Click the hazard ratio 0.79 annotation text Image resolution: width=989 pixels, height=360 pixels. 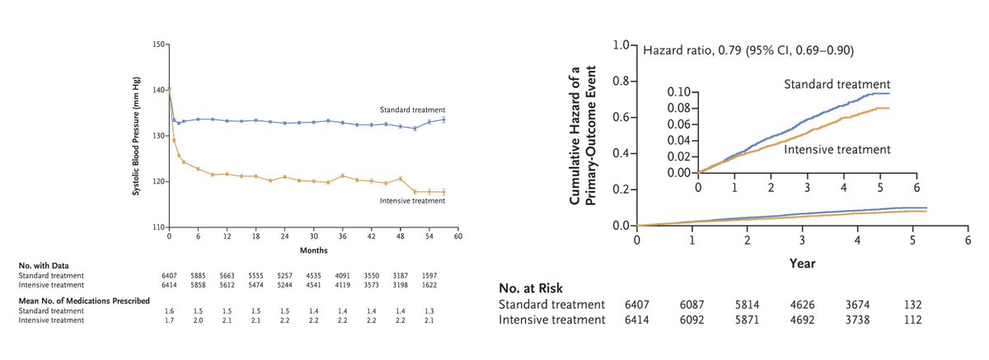[748, 50]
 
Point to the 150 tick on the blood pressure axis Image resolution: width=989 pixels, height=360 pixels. [158, 44]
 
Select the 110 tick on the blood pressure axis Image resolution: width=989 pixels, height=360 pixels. [158, 227]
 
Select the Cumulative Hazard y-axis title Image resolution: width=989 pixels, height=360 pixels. [588, 135]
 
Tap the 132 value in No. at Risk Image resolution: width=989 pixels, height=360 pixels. [912, 304]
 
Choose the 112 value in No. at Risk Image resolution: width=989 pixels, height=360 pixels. [912, 319]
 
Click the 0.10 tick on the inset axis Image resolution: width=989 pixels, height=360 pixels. [678, 91]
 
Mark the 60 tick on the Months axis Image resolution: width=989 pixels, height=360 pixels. [458, 236]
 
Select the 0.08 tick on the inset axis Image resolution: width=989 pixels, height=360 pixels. [678, 108]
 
